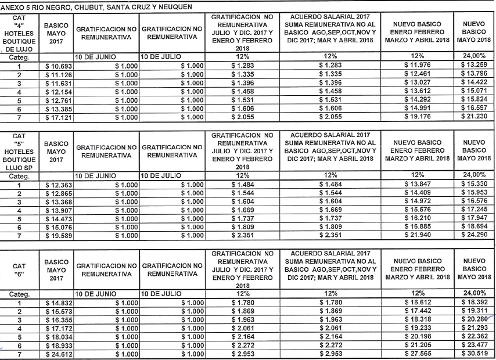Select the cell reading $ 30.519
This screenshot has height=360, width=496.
(x=475, y=354)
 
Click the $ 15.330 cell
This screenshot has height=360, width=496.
(x=475, y=184)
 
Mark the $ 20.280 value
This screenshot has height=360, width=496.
(x=475, y=320)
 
